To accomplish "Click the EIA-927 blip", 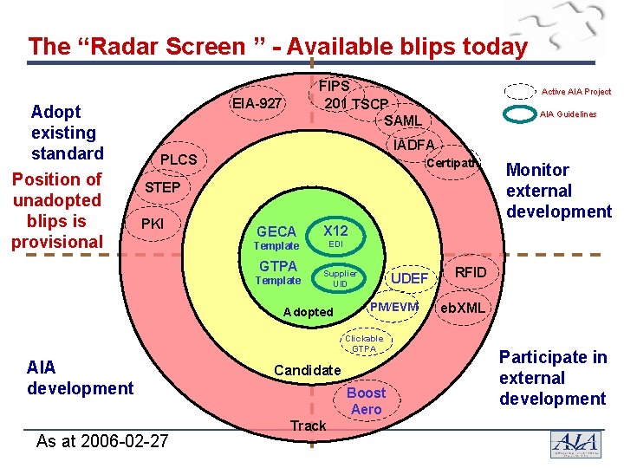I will (257, 104).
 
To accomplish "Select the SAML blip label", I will (402, 120).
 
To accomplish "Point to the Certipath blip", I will (452, 163).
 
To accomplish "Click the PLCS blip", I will (178, 160).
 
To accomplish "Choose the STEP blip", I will (162, 188).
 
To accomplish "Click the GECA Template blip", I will (276, 237).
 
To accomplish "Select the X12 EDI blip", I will (335, 237).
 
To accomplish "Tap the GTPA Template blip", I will (277, 272).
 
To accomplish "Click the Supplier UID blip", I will (340, 278).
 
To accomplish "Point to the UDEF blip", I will (409, 278).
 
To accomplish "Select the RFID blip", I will (471, 273).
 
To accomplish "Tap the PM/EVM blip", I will (393, 307).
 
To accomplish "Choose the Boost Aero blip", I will (366, 401).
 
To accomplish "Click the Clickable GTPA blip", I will (364, 343).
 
